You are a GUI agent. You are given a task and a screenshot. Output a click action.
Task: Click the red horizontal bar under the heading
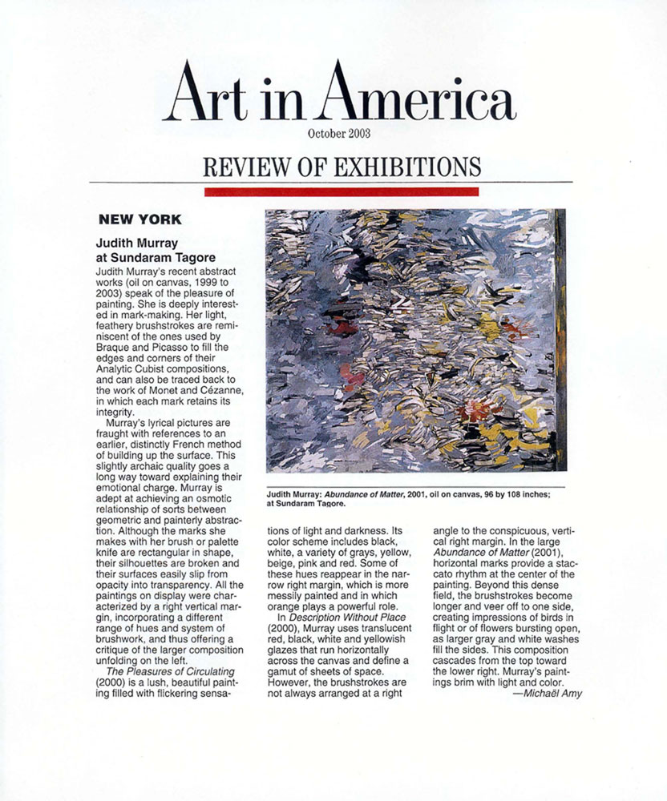click(x=342, y=191)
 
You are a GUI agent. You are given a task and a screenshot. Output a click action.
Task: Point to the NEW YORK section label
click(x=139, y=219)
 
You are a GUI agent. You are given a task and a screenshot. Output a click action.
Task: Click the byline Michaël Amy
click(x=547, y=693)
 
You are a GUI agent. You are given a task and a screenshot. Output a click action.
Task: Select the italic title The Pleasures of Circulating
click(x=159, y=670)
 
